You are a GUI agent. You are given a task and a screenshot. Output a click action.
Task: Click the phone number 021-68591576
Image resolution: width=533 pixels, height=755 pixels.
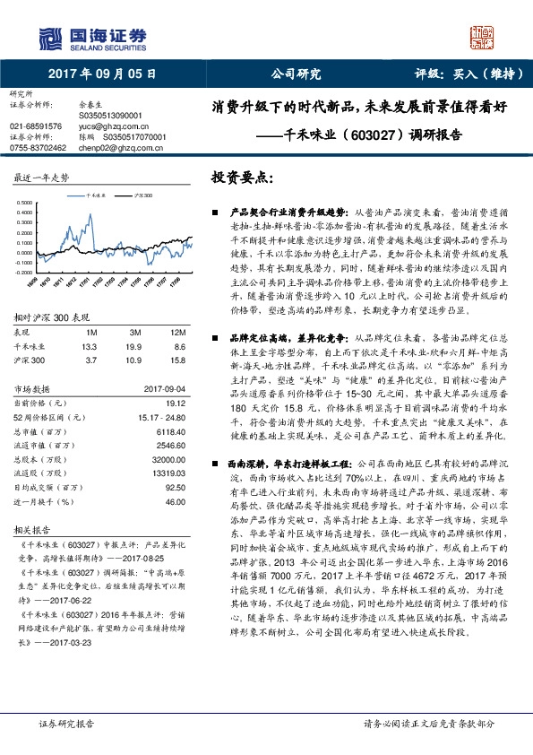[x=37, y=126]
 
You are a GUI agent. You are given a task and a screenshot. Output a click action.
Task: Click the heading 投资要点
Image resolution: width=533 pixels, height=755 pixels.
[x=241, y=178]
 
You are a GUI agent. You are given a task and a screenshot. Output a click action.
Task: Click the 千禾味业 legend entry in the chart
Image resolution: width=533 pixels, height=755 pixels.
[x=99, y=194]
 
